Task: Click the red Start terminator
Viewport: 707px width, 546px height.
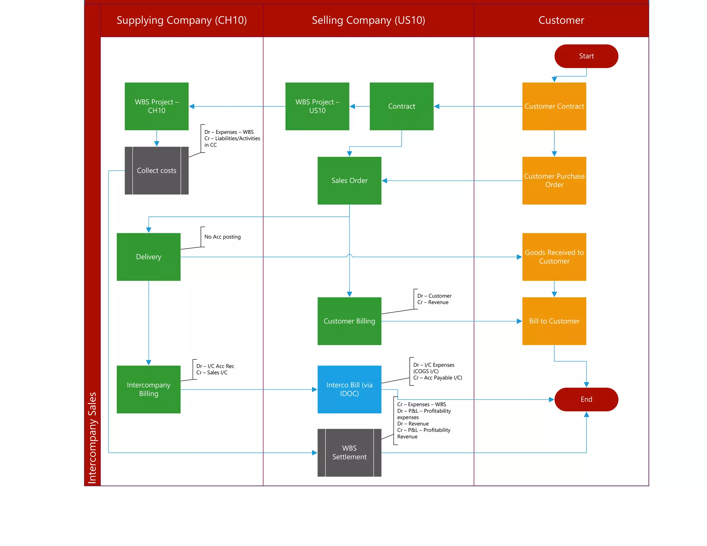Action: [586, 56]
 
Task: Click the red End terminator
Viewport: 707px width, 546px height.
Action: [586, 399]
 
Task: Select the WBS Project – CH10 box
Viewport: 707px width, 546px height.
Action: [156, 106]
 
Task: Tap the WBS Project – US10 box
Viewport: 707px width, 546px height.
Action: [317, 106]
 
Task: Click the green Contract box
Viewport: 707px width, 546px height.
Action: [401, 106]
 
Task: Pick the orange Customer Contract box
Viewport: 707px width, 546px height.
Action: [554, 106]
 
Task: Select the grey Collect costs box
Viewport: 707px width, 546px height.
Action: [156, 170]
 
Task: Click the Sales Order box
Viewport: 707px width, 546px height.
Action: [349, 180]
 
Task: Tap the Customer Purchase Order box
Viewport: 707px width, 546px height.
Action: [554, 180]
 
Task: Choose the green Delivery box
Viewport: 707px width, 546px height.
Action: [148, 256]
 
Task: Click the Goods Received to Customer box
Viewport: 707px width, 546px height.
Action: [554, 256]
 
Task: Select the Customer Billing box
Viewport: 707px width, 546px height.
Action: [349, 321]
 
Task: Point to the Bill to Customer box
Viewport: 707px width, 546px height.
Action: [554, 321]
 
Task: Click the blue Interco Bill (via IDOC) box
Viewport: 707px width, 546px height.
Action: [349, 389]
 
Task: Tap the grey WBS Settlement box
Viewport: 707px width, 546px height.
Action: [349, 452]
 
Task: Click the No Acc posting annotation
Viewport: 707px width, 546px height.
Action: [222, 237]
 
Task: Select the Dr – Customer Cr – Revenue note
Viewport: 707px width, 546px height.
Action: [434, 299]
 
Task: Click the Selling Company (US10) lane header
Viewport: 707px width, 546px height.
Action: [368, 20]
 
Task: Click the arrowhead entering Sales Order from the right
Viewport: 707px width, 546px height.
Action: [385, 181]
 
